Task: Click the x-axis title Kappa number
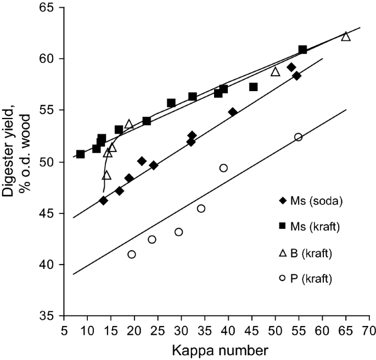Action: tap(215, 350)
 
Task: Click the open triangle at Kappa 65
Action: tap(346, 36)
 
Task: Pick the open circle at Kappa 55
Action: tap(298, 137)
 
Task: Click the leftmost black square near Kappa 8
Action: tap(81, 154)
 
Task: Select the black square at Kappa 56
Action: tap(302, 50)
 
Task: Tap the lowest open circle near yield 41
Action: tap(132, 254)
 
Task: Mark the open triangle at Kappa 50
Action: tap(276, 72)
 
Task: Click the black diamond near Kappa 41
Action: tap(233, 112)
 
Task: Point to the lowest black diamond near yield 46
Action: tap(103, 200)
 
